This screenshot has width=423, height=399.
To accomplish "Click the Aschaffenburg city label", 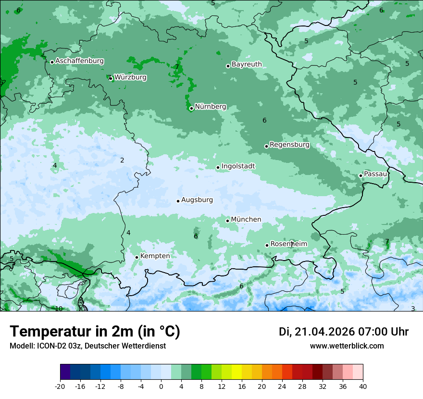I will coord(79,61).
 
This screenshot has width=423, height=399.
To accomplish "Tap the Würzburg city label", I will coord(130,77).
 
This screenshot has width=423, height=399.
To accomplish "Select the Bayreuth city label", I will coord(247,64).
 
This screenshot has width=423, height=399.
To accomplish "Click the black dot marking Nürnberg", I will coord(191,108).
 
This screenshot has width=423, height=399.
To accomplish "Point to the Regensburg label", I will coord(289,145).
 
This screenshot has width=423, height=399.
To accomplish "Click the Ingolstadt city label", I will coord(238,166).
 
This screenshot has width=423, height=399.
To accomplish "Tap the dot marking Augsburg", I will coord(178,201).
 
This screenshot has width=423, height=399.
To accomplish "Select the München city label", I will coord(246,220).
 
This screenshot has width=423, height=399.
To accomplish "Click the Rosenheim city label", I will coord(288,244).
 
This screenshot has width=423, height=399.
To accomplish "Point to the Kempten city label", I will coord(155,256).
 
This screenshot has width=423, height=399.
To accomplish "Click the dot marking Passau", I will coord(361,175).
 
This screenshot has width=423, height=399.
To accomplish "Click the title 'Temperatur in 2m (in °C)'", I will coord(95,332).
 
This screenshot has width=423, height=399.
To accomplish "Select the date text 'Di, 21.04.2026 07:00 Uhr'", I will coord(344,332).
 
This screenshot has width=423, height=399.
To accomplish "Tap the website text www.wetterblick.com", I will coord(347,346).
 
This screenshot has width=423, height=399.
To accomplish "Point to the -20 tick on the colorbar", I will coord(60,386).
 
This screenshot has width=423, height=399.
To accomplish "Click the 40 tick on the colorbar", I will coord(362,386).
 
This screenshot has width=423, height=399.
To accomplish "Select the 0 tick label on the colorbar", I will coord(161,386).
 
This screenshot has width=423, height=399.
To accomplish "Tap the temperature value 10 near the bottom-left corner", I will coord(59,309).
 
